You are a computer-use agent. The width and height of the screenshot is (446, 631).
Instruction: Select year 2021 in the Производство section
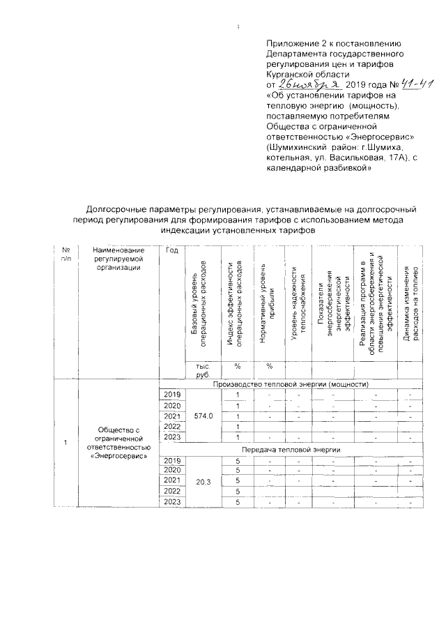(171, 416)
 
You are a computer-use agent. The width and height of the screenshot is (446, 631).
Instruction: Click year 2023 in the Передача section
(171, 503)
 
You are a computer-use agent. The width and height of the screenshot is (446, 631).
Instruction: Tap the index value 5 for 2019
(238, 461)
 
